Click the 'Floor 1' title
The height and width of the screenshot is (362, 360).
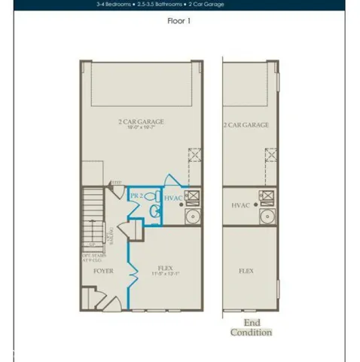point(179,21)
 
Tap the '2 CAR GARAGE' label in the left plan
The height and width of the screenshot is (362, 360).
point(141,121)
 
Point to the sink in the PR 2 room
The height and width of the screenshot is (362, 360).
point(154,212)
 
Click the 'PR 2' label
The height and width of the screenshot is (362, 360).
point(136,195)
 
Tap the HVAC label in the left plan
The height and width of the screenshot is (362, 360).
point(173,198)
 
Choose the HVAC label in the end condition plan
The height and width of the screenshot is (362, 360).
point(240,204)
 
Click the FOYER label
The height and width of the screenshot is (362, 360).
point(102,270)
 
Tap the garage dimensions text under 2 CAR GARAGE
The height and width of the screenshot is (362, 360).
point(141,128)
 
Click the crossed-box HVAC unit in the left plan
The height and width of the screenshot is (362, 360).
point(192,198)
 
